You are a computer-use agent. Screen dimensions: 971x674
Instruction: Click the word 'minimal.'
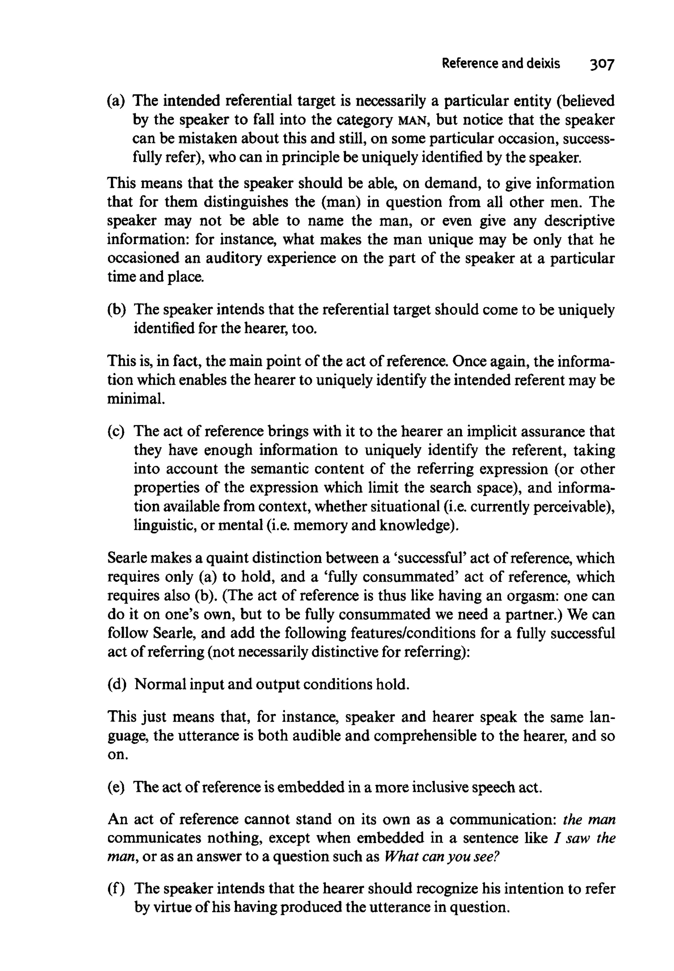click(x=136, y=398)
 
